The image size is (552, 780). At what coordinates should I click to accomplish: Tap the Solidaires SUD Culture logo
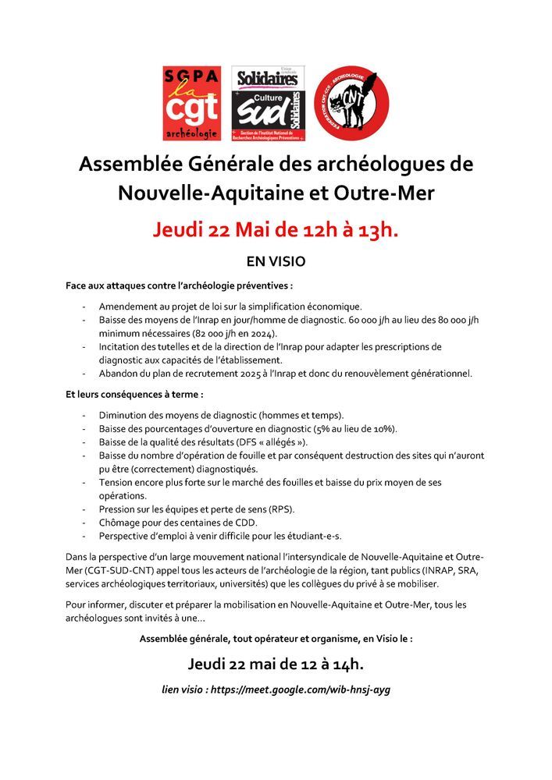coord(268,103)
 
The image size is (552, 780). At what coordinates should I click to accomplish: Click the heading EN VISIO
coord(276,261)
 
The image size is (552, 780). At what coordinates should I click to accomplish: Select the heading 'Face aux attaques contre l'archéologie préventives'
coord(180,286)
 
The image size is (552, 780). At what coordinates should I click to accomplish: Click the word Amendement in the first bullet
coord(131,307)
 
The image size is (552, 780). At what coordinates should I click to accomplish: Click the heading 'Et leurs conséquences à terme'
coord(134,395)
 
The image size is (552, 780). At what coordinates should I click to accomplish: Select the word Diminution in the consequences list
coord(126,415)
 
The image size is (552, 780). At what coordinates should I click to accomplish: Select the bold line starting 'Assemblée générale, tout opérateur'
coord(276,638)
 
